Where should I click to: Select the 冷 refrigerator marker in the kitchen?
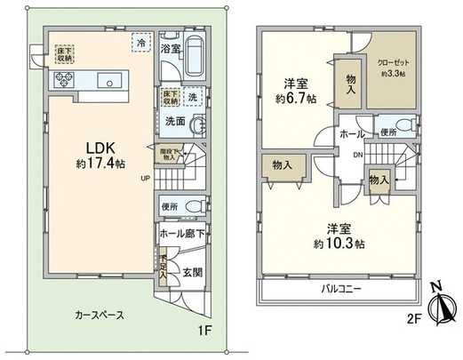pyautogui.click(x=140, y=41)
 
